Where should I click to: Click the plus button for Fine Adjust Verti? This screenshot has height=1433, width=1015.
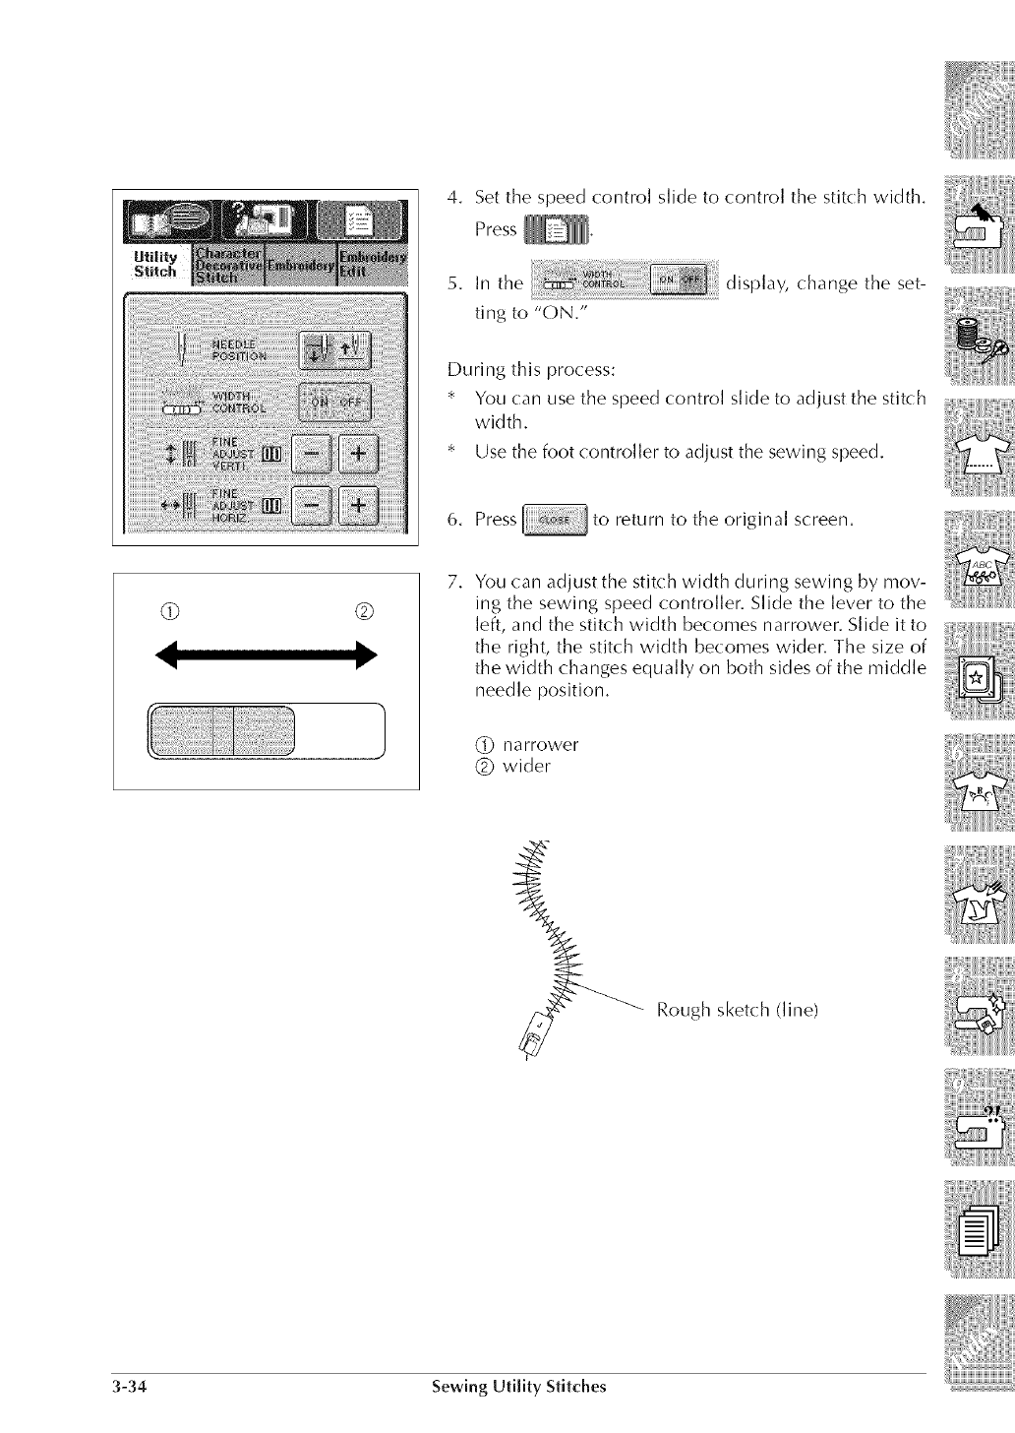360,455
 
